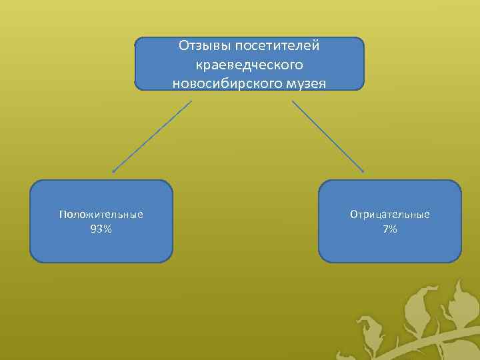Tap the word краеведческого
(x=249, y=65)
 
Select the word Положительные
(x=101, y=215)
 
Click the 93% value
(x=101, y=229)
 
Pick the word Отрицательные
(x=390, y=215)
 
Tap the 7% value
(x=390, y=229)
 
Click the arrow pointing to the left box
(x=152, y=137)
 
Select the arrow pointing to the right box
(x=328, y=137)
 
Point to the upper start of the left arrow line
(x=191, y=101)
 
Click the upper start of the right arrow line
(x=293, y=101)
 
